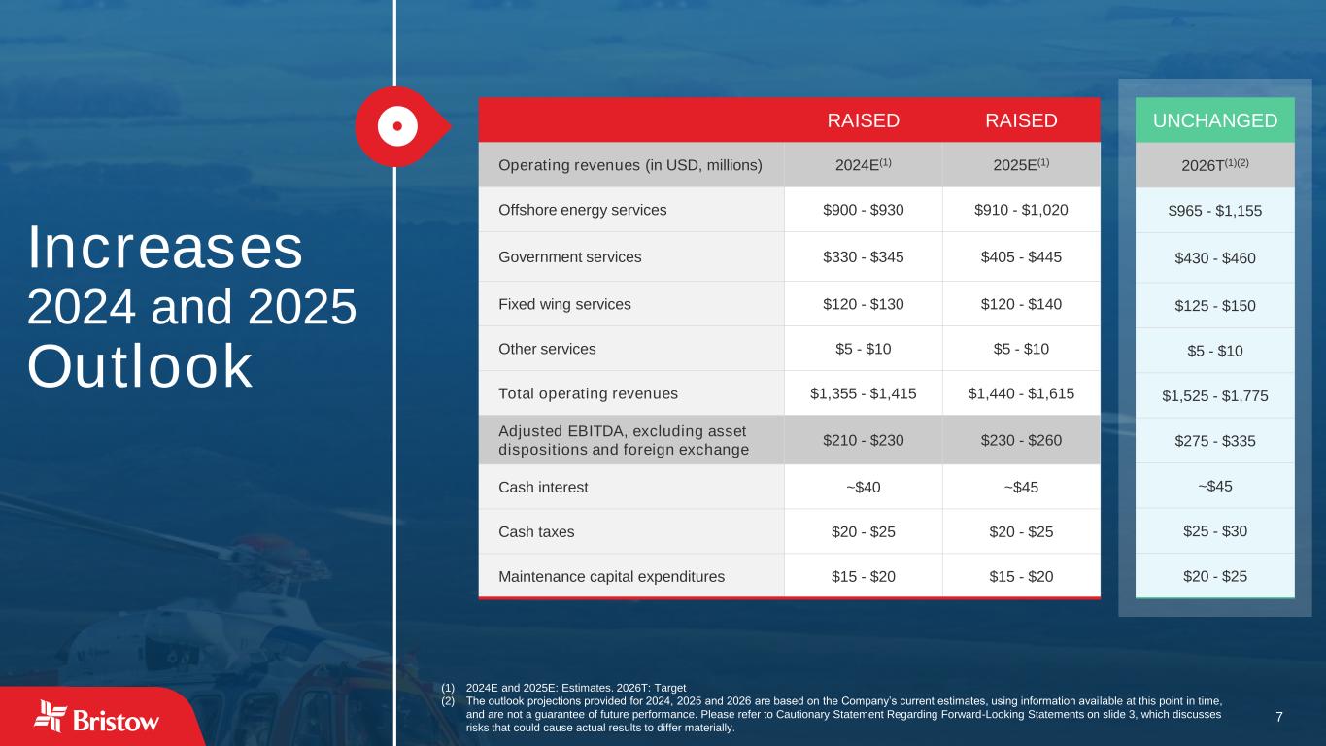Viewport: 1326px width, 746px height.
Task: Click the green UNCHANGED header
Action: pos(1214,120)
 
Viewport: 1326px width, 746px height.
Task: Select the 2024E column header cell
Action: pos(863,164)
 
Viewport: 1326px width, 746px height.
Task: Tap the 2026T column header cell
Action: pos(1214,165)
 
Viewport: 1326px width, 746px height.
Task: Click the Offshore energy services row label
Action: pos(583,210)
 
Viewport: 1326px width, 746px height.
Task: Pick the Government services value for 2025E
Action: pos(1021,257)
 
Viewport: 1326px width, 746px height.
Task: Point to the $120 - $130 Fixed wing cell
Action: pos(863,304)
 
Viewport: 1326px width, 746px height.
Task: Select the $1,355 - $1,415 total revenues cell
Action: pos(863,393)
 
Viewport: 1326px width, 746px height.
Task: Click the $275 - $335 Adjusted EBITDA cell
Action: pos(1214,441)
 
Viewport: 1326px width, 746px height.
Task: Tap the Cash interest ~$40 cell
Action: pos(863,488)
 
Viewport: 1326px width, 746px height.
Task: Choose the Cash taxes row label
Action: pos(536,531)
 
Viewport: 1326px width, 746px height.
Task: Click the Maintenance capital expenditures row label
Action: pos(611,577)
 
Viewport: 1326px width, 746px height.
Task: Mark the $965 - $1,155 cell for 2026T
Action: pos(1214,211)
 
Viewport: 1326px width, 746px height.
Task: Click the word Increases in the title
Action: pos(165,247)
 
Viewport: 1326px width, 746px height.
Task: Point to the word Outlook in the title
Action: pos(140,366)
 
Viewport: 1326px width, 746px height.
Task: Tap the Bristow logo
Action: pos(96,718)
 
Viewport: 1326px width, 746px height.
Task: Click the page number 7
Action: pos(1279,717)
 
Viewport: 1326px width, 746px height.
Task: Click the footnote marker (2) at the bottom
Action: pos(448,701)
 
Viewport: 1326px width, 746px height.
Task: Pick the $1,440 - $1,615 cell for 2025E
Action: pos(1021,393)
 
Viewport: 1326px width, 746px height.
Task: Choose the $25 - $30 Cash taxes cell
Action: pos(1214,531)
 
